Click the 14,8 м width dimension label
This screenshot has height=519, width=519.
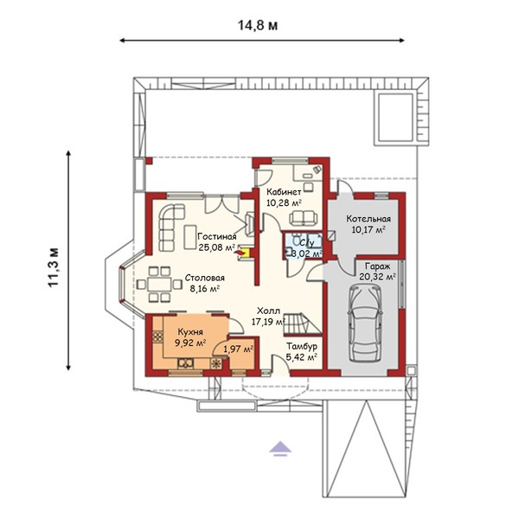[258, 25]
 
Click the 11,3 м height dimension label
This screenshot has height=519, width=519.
[54, 267]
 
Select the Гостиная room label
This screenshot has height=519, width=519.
[217, 237]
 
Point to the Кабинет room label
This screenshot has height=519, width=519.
[284, 192]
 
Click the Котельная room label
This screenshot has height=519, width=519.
[368, 219]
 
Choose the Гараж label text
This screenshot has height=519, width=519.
[378, 266]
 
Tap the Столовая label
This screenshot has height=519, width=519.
[204, 278]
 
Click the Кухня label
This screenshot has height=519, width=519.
[190, 331]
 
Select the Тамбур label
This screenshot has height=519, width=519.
[302, 346]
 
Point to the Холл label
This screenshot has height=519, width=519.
[268, 311]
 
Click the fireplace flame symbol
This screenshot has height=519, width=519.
[242, 253]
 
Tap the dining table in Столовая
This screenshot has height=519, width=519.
[159, 285]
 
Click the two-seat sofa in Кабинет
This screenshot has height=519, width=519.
[304, 218]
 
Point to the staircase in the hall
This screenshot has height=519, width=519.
[302, 324]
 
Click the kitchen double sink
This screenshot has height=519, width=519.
[186, 363]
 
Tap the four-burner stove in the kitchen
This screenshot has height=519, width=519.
[158, 336]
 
